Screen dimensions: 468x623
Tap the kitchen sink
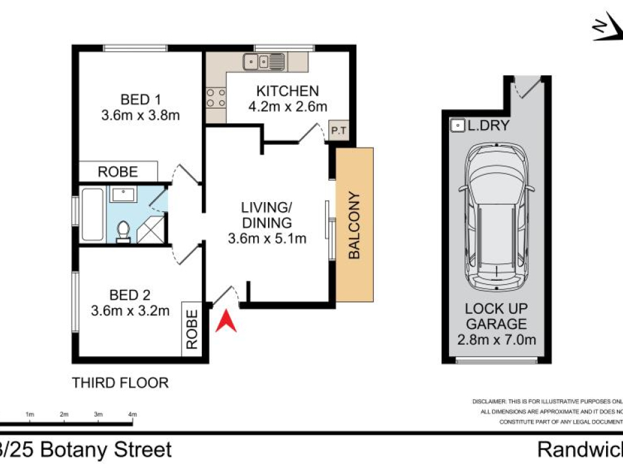(x=264, y=62)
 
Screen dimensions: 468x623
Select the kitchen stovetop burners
(x=215, y=98)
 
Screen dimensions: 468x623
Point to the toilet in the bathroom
(x=123, y=231)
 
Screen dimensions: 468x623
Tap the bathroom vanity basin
(x=121, y=194)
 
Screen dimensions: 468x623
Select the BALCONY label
(x=354, y=226)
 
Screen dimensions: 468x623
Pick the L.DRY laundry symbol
(x=458, y=125)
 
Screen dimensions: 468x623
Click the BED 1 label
(x=140, y=99)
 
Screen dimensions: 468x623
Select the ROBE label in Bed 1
(x=118, y=172)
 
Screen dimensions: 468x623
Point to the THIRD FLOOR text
(x=121, y=383)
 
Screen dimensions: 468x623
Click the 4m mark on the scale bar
(x=132, y=414)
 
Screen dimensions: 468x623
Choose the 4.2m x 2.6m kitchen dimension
(x=287, y=107)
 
